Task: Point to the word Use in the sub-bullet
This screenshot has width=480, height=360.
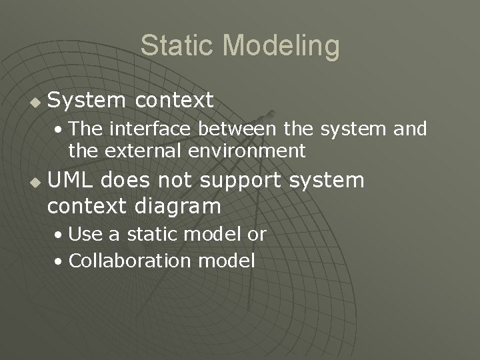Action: tap(83, 234)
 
